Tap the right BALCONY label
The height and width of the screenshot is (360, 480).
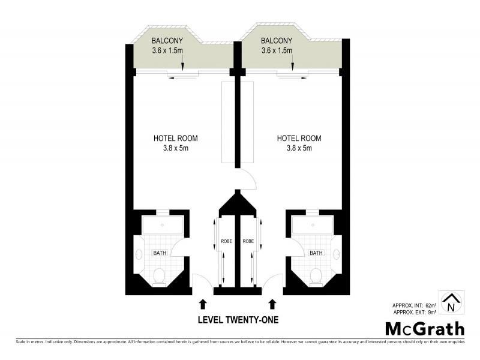[277, 40]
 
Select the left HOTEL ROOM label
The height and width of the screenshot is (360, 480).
[175, 138]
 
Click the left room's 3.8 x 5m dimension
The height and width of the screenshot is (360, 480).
[175, 148]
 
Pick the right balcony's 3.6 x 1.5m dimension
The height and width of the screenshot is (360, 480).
[277, 50]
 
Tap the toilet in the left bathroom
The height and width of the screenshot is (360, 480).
[160, 275]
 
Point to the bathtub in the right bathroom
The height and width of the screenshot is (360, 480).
[311, 226]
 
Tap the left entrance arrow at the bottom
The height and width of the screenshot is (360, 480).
[202, 304]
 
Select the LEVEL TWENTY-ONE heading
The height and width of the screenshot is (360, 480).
[238, 320]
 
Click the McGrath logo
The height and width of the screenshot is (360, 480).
[424, 328]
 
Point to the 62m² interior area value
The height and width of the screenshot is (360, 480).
[431, 305]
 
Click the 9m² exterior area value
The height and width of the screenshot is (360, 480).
[433, 313]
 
